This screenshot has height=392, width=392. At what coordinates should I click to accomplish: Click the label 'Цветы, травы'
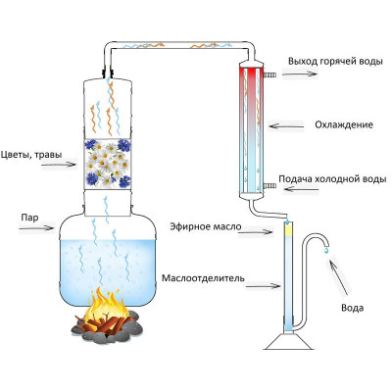tap(31, 155)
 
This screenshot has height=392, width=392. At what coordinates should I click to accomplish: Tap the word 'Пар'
tap(29, 218)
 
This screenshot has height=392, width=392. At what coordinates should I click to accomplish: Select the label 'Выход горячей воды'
tap(335, 62)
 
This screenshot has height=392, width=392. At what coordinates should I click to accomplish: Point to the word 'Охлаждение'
tap(344, 124)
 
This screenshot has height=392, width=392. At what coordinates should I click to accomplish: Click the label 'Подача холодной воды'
tap(332, 179)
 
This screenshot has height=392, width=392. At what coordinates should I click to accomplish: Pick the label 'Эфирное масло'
tap(206, 226)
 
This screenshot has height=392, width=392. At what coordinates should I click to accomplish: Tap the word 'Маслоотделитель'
tap(203, 278)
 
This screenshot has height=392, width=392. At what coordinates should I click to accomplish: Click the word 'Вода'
tap(352, 308)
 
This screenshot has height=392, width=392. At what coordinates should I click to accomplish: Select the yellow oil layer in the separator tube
tap(288, 231)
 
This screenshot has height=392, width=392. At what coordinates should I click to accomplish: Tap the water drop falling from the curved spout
tap(326, 251)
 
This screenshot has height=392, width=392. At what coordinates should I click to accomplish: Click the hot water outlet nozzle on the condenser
tap(269, 75)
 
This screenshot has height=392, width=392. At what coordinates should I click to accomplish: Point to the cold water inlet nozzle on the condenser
tap(269, 186)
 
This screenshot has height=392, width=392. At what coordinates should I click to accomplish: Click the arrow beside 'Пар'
tap(36, 227)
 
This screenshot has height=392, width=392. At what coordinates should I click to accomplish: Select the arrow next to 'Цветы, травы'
tap(59, 165)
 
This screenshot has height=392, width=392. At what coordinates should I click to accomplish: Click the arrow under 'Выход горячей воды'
tap(300, 74)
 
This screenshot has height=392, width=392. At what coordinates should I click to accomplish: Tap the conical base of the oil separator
tap(288, 342)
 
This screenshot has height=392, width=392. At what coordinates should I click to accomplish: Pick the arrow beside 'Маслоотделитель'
tap(263, 286)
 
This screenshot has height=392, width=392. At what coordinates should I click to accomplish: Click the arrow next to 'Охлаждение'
tap(286, 125)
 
